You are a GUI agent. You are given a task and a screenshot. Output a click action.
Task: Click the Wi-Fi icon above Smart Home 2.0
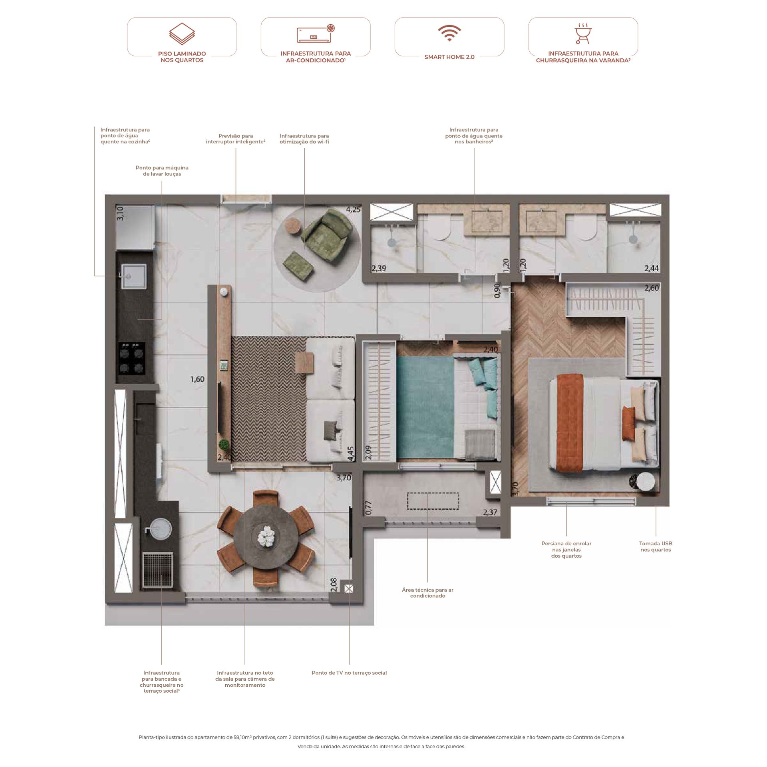[x=449, y=33]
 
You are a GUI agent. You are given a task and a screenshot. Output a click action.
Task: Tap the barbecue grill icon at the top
[x=583, y=34]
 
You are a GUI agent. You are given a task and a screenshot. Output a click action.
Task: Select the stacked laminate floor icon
[x=182, y=34]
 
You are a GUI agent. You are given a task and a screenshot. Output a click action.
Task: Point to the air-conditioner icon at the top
[x=316, y=34]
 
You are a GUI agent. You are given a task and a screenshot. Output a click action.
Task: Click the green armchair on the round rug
[x=324, y=235]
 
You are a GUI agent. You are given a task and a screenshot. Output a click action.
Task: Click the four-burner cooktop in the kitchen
[x=131, y=358]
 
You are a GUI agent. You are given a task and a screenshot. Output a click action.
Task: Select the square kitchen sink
[x=134, y=276]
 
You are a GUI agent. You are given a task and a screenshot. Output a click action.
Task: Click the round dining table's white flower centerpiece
[x=266, y=536]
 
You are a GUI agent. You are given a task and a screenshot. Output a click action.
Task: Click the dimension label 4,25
[x=354, y=209]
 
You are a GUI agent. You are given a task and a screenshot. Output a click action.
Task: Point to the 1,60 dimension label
[x=197, y=379]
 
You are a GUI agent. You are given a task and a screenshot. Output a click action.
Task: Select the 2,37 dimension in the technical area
[x=490, y=512]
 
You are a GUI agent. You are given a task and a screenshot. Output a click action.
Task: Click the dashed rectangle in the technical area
[x=433, y=501]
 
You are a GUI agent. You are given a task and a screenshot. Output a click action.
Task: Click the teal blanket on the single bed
[x=425, y=407]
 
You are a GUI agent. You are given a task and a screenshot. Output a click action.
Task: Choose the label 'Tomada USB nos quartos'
[x=656, y=546]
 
